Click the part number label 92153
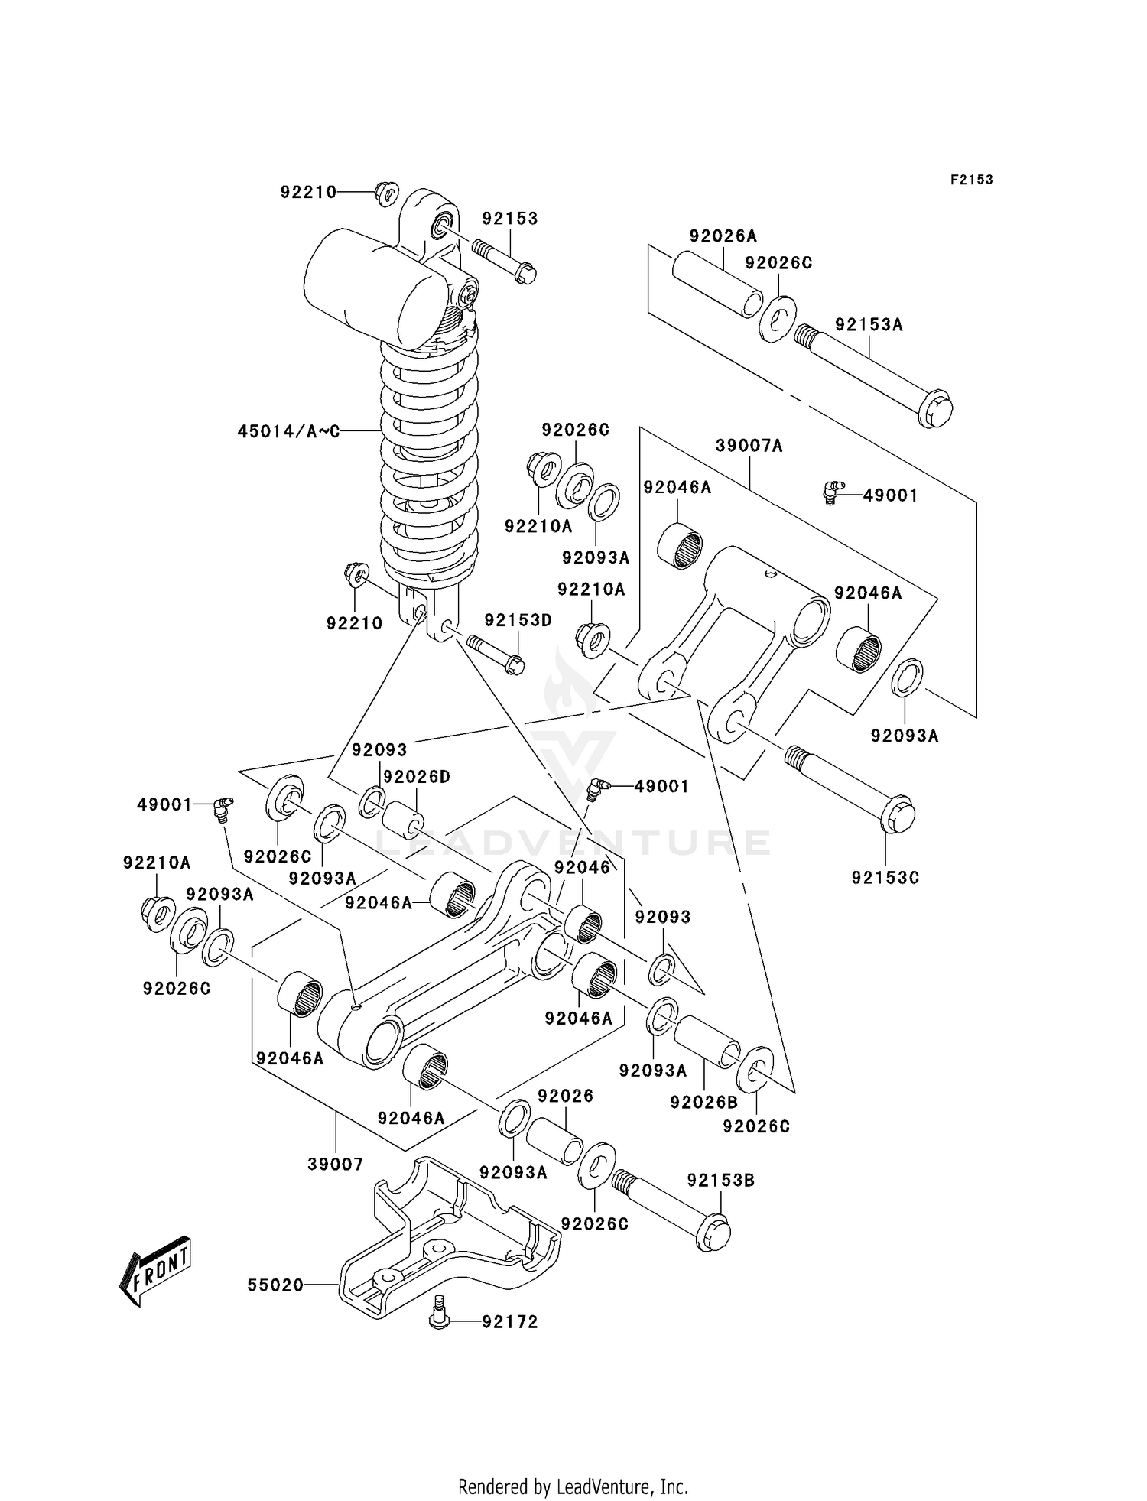[x=510, y=219]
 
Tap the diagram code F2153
[x=971, y=180]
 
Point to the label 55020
[x=275, y=1285]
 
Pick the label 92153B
[x=720, y=1181]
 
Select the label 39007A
[x=749, y=446]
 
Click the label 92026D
[x=416, y=777]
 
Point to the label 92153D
[x=518, y=620]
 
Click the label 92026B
[x=703, y=1102]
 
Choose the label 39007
[x=335, y=1165]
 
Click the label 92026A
[x=723, y=236]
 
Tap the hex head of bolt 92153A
[x=935, y=409]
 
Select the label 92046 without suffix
[x=583, y=867]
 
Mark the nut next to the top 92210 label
[x=387, y=192]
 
